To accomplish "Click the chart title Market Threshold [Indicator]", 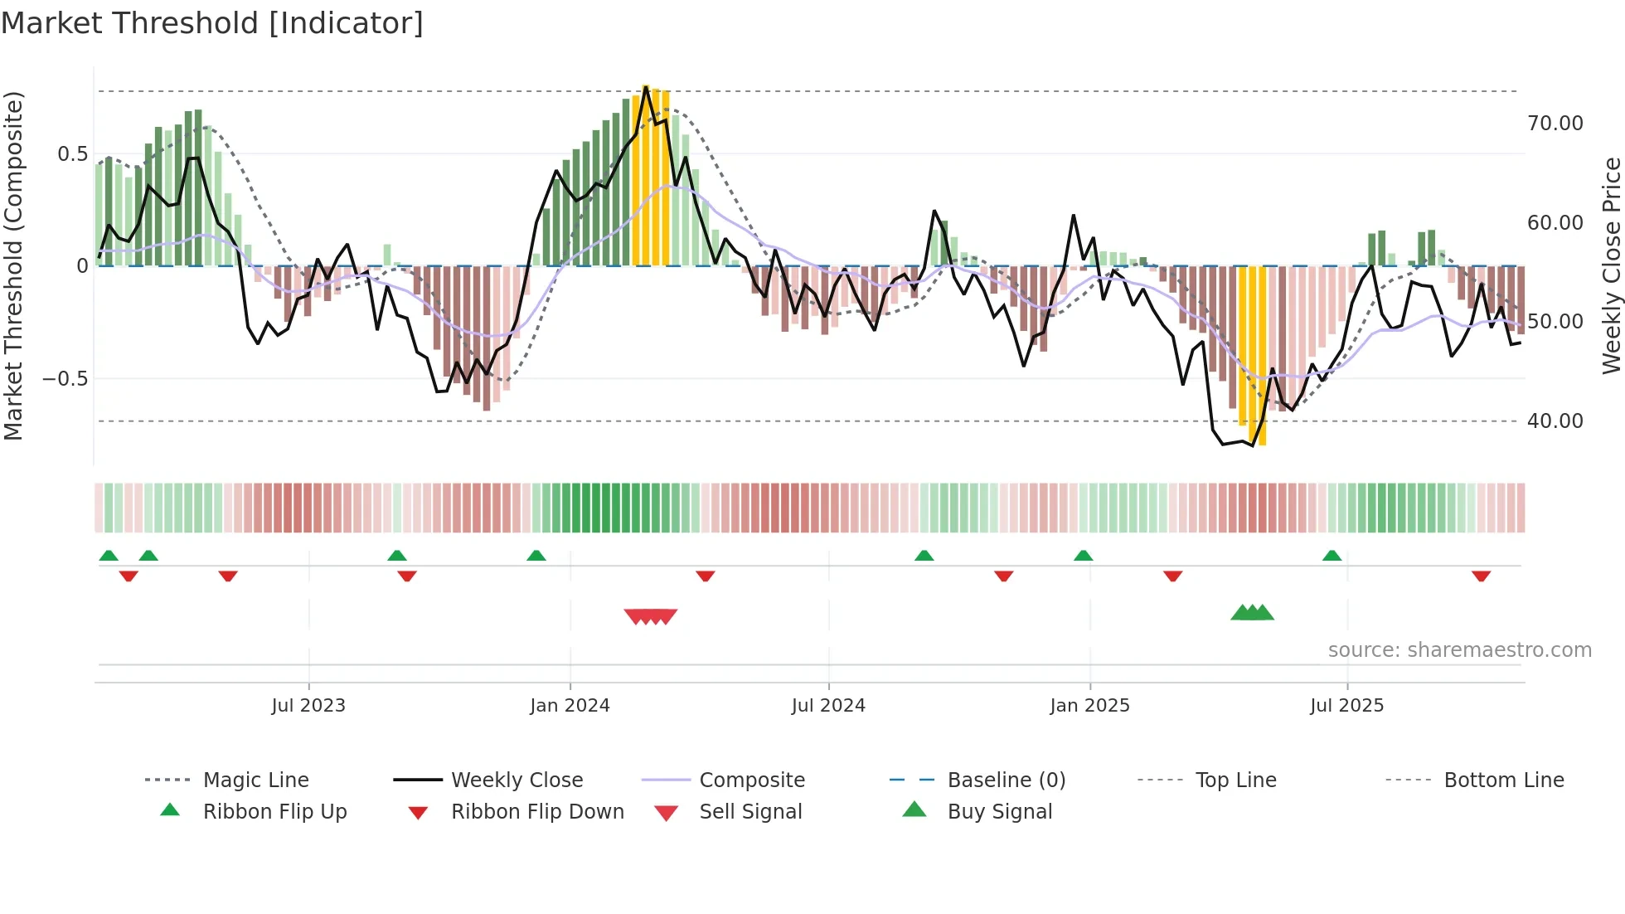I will tap(212, 23).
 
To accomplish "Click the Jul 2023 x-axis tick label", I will tap(308, 705).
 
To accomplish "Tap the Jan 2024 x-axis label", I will tap(570, 705).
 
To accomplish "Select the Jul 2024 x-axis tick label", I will tap(827, 705).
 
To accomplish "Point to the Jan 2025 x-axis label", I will tap(1089, 705).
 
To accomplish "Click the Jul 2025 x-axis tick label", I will tap(1346, 705).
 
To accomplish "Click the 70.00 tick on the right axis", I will tap(1555, 124).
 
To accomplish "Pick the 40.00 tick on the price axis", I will tap(1555, 421).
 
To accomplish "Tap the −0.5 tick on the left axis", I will tap(65, 379).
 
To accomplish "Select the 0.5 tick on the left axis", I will tap(72, 154).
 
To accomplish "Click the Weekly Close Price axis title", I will tap(1611, 265).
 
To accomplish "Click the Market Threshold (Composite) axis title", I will tap(13, 265).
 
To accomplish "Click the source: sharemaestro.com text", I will tap(1459, 649).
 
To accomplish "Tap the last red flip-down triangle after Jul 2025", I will tap(1481, 576).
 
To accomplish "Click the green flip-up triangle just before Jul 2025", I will tap(1332, 556).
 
